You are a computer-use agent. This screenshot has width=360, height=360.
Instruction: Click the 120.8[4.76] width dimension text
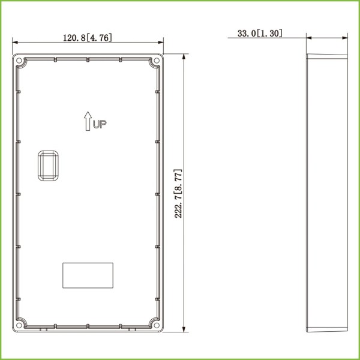click(88, 37)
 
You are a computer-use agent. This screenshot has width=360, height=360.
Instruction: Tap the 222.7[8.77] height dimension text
click(178, 193)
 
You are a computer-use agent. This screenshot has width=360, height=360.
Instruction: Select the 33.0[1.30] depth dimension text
click(260, 34)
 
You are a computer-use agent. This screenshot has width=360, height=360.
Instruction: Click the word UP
click(99, 124)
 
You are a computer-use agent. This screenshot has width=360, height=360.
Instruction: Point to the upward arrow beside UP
click(88, 121)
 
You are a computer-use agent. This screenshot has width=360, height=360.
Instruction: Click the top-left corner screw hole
click(19, 61)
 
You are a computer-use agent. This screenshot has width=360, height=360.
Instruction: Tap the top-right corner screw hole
click(157, 61)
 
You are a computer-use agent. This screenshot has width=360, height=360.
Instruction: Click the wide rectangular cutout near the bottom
click(88, 275)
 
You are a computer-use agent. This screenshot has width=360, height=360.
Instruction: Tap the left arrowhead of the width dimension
click(15, 42)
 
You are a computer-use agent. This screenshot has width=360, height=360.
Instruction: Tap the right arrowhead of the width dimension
click(161, 42)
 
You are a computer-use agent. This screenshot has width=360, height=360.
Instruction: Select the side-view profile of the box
click(327, 192)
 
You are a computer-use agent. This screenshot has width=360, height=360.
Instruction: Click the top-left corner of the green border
click(2, 2)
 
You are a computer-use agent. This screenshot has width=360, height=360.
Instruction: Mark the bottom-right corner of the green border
click(358, 358)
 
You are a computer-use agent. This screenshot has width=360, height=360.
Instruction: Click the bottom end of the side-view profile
click(327, 329)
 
